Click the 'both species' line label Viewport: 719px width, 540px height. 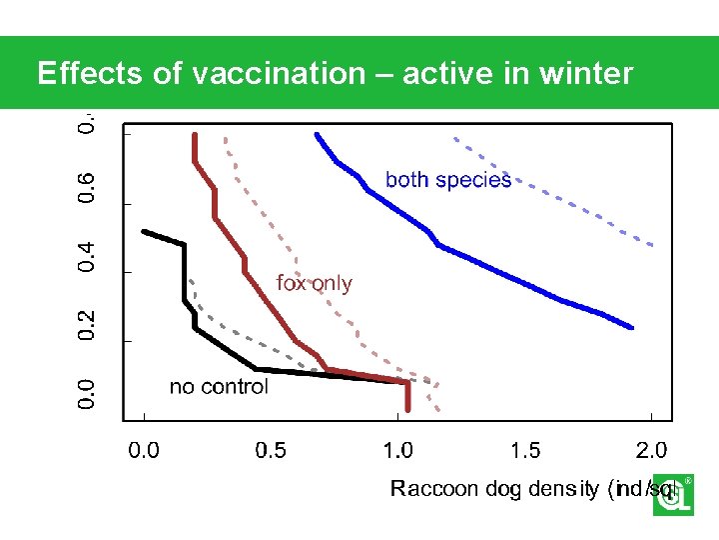coord(448,180)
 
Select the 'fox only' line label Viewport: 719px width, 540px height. coord(315,283)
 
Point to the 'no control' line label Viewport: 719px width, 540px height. coord(219,387)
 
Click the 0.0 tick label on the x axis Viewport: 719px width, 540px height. coord(145,450)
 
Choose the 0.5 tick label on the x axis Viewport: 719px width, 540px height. coord(271,450)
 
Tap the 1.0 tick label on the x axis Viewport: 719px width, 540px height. coord(398,450)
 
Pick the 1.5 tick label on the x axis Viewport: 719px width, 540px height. coord(525,450)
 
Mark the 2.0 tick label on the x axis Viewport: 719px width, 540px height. coord(652,450)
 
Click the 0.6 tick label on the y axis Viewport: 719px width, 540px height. coord(89,188)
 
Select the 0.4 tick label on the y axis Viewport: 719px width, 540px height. coord(89,256)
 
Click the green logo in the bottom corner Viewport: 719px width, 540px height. coord(672,495)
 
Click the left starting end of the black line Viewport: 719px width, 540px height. coord(145,231)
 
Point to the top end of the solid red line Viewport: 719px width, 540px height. coord(194,135)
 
